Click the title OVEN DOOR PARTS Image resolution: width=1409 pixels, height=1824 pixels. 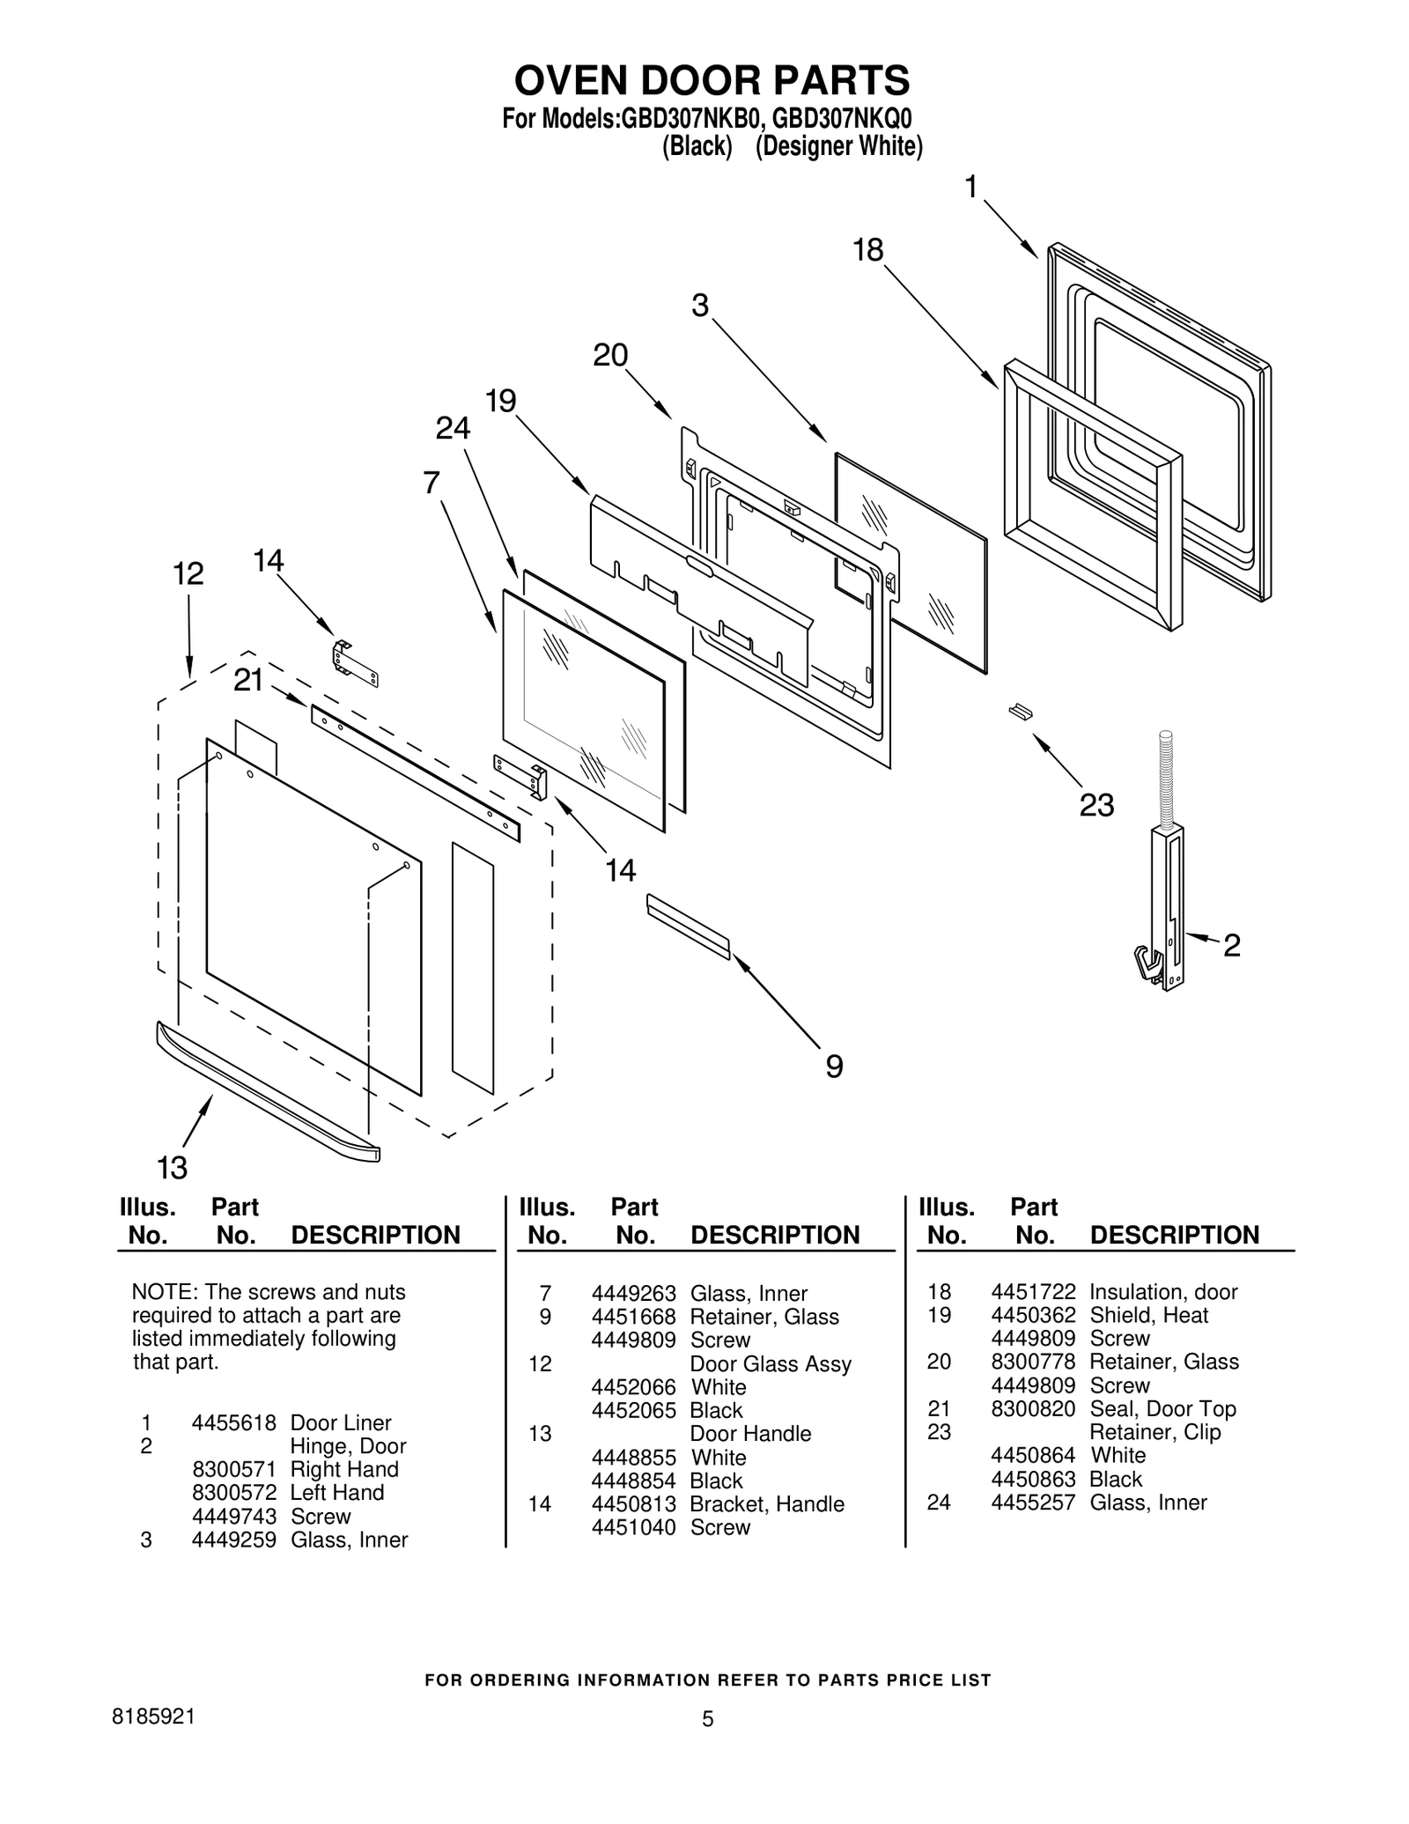(x=712, y=81)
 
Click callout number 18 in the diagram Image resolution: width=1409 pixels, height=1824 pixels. (x=867, y=251)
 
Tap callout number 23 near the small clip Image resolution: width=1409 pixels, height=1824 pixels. (x=1096, y=805)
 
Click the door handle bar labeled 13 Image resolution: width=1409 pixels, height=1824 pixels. (x=264, y=1092)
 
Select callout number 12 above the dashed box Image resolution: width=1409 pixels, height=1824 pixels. (x=188, y=574)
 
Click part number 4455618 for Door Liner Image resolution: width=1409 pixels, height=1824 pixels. (x=233, y=1422)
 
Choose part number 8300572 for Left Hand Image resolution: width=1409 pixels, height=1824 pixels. (x=233, y=1492)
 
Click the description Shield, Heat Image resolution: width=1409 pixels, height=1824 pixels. (x=1148, y=1315)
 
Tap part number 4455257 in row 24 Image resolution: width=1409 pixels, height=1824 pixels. (x=1033, y=1503)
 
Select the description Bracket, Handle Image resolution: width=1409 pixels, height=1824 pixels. (x=766, y=1503)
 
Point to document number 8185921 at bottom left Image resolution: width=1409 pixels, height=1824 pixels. (x=154, y=1717)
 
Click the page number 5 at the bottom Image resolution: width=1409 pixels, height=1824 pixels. (x=707, y=1718)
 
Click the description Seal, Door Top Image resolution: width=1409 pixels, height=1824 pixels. (x=1162, y=1408)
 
